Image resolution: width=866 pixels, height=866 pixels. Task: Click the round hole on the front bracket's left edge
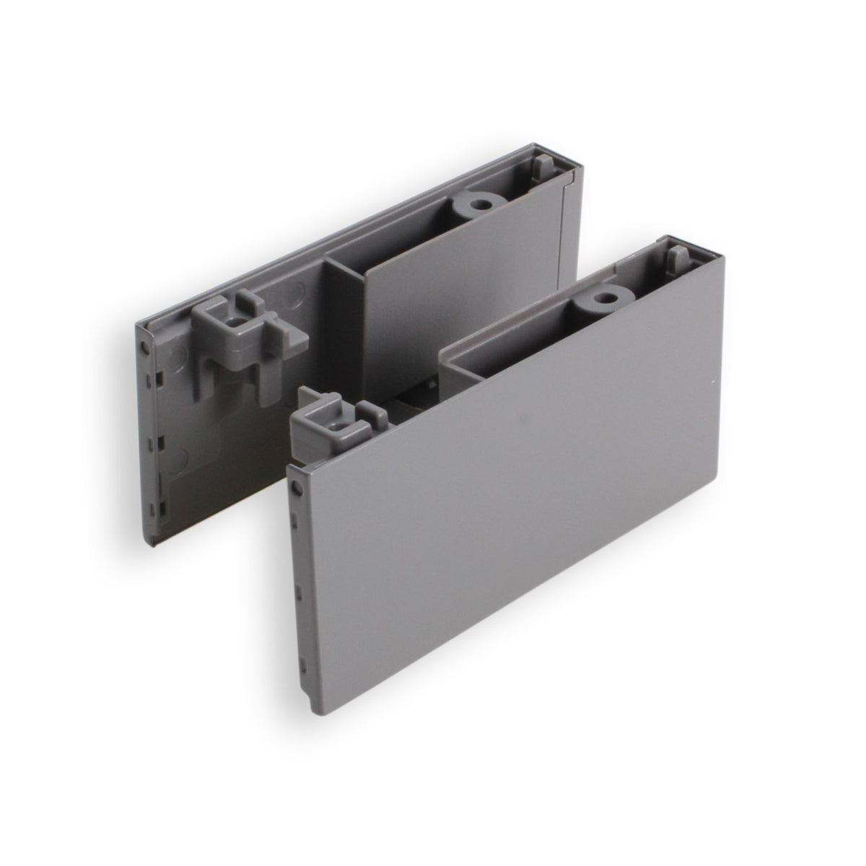(295, 490)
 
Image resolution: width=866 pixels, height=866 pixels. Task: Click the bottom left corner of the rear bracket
(154, 547)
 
